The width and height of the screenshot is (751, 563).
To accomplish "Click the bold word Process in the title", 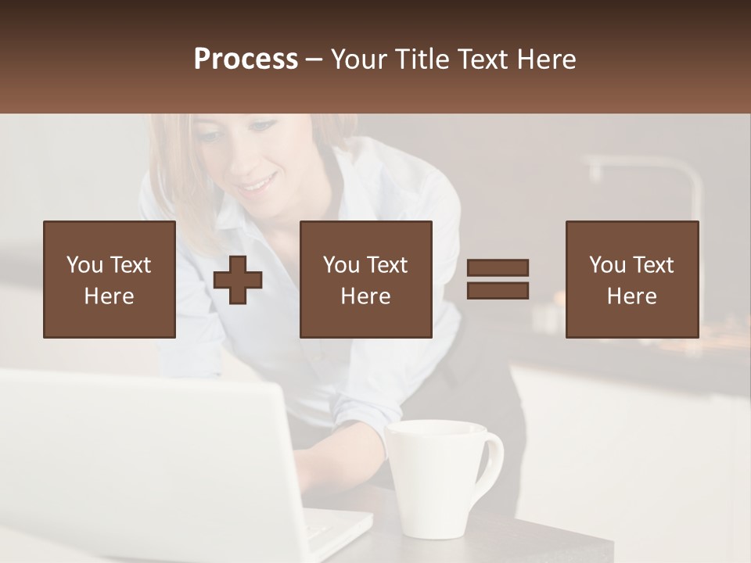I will pos(246,59).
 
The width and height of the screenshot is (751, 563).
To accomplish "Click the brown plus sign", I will pos(238,280).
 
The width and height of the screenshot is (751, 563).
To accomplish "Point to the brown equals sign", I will pos(498,279).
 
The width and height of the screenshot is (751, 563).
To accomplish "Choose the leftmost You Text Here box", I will pos(110,279).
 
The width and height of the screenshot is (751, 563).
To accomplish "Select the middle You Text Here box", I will pos(366,279).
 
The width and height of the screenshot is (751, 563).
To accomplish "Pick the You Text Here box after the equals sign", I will pos(632,279).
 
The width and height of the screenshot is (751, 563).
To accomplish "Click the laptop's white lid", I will pos(141,461).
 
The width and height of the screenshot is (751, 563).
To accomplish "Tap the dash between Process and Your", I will pos(314,60).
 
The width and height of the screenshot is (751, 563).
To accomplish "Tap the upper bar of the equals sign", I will pos(498,267).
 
